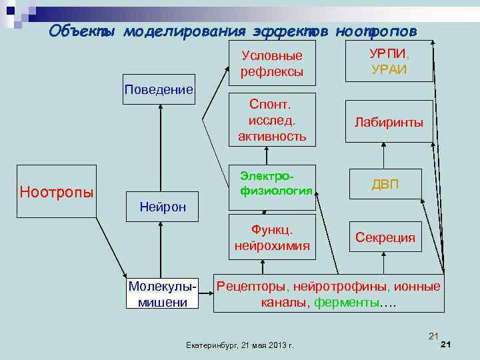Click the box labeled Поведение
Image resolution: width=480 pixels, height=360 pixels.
[159, 89]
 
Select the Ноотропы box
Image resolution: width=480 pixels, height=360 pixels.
[57, 193]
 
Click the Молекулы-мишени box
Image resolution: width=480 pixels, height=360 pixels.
[163, 294]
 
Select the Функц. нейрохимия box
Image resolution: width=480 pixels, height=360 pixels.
[272, 237]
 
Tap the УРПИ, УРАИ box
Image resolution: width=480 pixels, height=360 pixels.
[389, 61]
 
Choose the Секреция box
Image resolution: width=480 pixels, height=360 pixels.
[385, 237]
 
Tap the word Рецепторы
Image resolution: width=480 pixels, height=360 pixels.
[253, 287]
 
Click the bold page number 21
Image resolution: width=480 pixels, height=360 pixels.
[447, 345]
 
